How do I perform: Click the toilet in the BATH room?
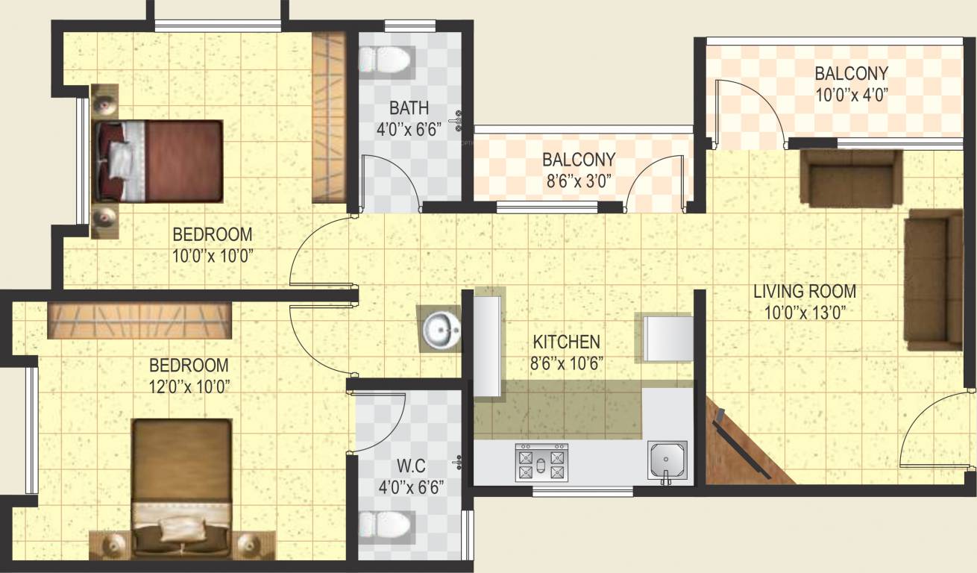pos(386,60)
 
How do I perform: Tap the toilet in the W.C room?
pos(385,525)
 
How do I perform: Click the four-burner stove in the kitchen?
pos(541,463)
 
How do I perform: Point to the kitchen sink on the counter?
pos(667,461)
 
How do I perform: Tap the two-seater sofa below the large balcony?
pos(851,178)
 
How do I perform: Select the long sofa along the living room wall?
pos(933,280)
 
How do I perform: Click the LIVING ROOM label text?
pos(804,291)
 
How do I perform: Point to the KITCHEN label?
pos(567,342)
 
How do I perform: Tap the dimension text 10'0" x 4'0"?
pos(851,95)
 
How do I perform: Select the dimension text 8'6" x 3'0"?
pos(578,181)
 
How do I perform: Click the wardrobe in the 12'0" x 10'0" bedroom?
pos(139,320)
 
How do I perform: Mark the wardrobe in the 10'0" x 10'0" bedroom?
pos(328,117)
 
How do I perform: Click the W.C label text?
pos(410,467)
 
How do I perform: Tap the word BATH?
pos(409,109)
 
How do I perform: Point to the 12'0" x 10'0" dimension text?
pos(189,386)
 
